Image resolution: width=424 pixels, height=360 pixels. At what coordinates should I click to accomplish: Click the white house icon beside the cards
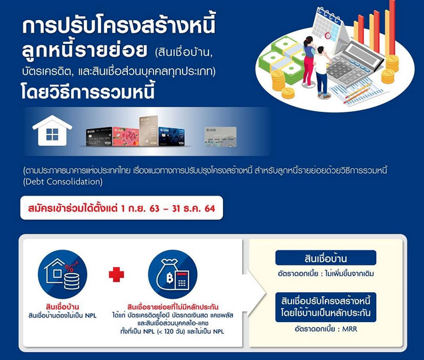point(52,131)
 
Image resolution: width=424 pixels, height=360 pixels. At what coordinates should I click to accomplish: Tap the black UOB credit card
point(99,137)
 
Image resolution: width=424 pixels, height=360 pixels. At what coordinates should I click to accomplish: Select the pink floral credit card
point(126,137)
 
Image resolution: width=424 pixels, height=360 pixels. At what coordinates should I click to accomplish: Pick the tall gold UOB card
point(148,131)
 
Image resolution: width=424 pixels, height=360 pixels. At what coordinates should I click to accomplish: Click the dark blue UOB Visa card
point(172,136)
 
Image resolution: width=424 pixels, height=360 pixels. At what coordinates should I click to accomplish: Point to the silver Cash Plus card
point(220,137)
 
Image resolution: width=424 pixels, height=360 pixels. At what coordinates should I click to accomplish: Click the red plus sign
point(116,274)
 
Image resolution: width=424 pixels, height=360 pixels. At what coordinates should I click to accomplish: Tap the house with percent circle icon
point(63,274)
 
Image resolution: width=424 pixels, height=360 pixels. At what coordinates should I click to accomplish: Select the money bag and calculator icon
point(173,274)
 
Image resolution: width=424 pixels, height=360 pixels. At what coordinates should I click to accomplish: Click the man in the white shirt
point(322,73)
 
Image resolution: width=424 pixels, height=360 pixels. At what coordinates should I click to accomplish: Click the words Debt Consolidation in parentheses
point(63,182)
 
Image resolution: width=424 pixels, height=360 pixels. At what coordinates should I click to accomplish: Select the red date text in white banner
point(121,208)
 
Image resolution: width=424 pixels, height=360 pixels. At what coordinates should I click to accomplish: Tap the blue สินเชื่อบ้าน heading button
point(325,258)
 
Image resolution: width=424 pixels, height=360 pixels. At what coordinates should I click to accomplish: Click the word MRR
point(349,329)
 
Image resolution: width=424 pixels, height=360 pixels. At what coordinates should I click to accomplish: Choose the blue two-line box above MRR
point(325,307)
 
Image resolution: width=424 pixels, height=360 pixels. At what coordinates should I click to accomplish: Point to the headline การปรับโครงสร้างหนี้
point(118,26)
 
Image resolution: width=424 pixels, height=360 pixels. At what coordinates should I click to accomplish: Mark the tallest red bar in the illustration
point(392,27)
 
